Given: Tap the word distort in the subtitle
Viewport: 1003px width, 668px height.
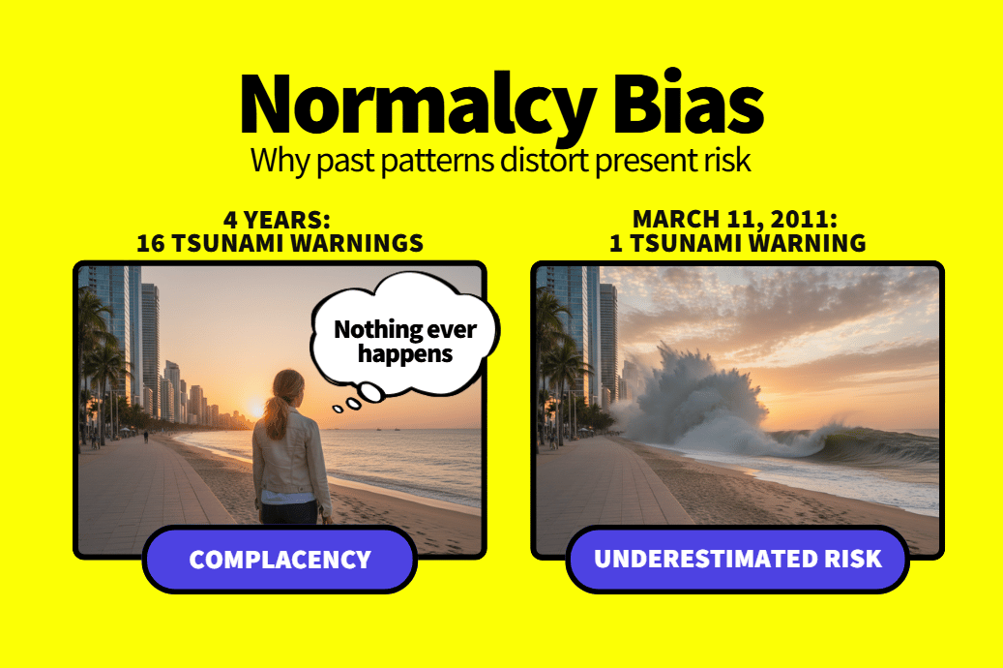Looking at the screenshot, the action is pos(544,160).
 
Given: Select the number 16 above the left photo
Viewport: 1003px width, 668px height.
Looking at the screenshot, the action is pos(151,243).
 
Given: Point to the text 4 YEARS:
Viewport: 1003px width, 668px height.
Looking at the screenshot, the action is pos(277,220).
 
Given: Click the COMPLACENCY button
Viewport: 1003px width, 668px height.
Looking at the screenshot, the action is pos(280,560).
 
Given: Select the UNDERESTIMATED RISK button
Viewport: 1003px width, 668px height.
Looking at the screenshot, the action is pos(738,559).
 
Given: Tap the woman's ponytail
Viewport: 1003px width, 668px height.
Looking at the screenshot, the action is pos(278,410).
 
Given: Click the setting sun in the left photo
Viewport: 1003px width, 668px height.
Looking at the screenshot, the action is pos(254,408).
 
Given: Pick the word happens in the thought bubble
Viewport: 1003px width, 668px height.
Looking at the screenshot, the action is pos(405,353).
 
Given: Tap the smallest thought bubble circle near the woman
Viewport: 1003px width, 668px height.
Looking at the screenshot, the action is pos(338,409).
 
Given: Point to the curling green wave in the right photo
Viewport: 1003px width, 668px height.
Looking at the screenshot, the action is pos(864,445).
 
